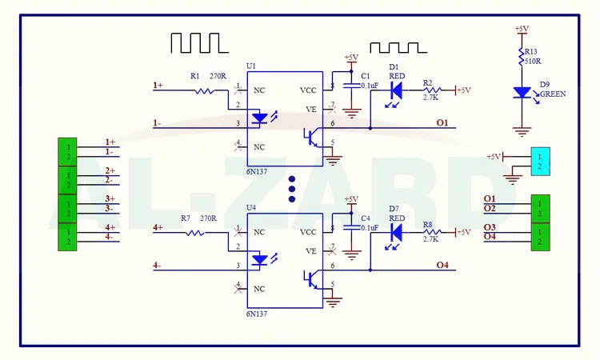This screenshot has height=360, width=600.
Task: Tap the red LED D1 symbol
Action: point(395,90)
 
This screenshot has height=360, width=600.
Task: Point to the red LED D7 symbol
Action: point(395,232)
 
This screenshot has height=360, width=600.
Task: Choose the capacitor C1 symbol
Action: point(350,84)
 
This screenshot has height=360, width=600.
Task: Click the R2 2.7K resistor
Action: point(433,90)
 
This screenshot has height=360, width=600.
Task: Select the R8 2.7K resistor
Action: point(433,232)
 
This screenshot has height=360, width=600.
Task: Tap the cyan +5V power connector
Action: point(540,161)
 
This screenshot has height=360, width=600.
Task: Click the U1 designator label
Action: point(252,66)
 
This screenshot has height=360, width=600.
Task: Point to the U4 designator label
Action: point(252,208)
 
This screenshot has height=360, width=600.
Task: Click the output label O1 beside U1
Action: point(442,122)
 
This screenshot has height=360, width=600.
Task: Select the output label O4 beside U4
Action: point(442,265)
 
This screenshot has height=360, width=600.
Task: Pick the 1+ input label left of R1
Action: point(158,84)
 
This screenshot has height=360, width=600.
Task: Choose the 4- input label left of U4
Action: point(158,266)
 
